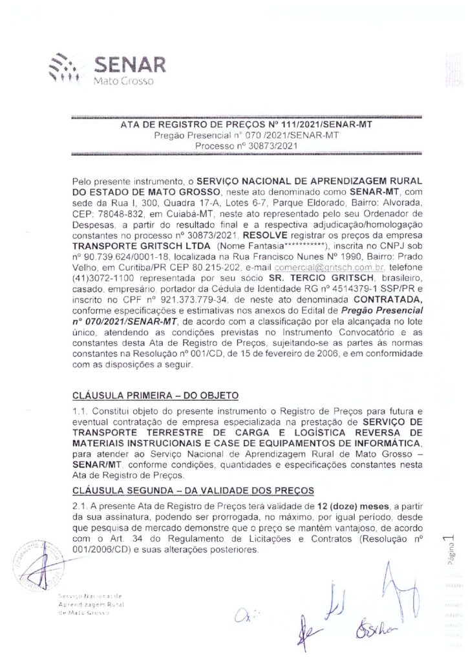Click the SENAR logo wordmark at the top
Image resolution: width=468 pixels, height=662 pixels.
pos(130,65)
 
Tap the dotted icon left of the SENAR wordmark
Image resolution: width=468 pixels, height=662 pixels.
pos(69,65)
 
